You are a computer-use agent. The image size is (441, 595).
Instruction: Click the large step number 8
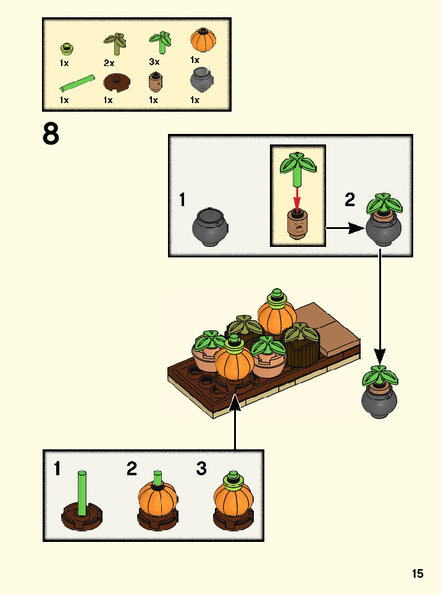point(51,134)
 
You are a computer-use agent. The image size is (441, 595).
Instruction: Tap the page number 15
point(418,574)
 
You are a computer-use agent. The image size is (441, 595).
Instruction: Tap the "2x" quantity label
point(109,62)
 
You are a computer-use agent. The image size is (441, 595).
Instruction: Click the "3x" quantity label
point(154,62)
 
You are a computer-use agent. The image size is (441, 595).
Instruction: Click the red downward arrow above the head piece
point(297,198)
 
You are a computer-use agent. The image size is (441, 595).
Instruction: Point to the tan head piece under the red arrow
point(298,226)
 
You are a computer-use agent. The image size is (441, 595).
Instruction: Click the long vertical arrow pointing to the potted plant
point(380,309)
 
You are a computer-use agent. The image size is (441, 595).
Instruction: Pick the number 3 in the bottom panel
point(201,469)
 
